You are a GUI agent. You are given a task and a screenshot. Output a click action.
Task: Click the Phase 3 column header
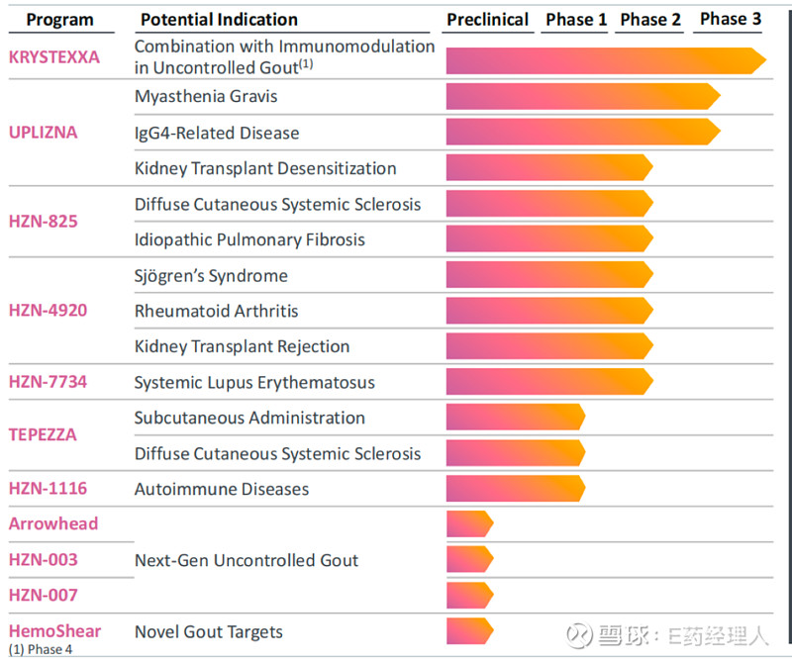[731, 19]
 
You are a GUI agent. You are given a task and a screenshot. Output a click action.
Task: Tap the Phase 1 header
[576, 20]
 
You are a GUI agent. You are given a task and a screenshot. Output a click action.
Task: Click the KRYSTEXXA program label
[54, 57]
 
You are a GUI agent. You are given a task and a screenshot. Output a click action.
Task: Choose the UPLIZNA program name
[43, 132]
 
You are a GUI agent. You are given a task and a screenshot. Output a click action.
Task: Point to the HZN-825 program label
[43, 221]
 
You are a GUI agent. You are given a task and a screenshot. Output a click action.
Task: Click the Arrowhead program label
[53, 523]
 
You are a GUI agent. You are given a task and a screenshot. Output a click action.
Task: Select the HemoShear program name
[55, 630]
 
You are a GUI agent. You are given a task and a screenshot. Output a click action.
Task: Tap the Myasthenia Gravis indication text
[205, 97]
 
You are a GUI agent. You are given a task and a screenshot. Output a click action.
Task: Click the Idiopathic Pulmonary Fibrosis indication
[249, 239]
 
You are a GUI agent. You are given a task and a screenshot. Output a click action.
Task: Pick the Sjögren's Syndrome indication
[211, 275]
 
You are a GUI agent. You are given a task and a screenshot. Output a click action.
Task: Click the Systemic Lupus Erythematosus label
[254, 382]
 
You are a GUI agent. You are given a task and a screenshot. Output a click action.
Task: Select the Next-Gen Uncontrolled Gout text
[247, 560]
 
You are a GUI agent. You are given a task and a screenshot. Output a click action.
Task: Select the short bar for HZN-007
[468, 595]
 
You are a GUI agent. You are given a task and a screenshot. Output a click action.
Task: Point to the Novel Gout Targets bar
[468, 631]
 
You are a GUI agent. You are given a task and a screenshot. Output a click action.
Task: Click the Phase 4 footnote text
[41, 649]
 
